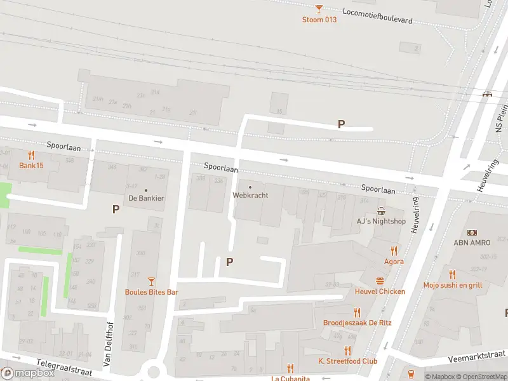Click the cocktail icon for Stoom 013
pyautogui.click(x=319, y=8)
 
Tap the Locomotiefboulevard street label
pyautogui.click(x=377, y=16)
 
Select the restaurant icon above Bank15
pyautogui.click(x=31, y=155)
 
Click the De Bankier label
pyautogui.click(x=146, y=198)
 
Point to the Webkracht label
pyautogui.click(x=250, y=195)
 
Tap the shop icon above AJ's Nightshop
pyautogui.click(x=381, y=211)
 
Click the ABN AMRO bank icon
pyautogui.click(x=472, y=233)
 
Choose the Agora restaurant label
pyautogui.click(x=394, y=261)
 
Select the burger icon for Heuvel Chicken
pyautogui.click(x=380, y=281)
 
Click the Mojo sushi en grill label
pyautogui.click(x=452, y=285)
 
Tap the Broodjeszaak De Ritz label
pyautogui.click(x=357, y=323)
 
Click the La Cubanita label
pyautogui.click(x=291, y=378)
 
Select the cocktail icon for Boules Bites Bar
pyautogui.click(x=151, y=281)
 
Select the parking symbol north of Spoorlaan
pyautogui.click(x=341, y=124)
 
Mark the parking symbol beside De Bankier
pyautogui.click(x=116, y=209)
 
